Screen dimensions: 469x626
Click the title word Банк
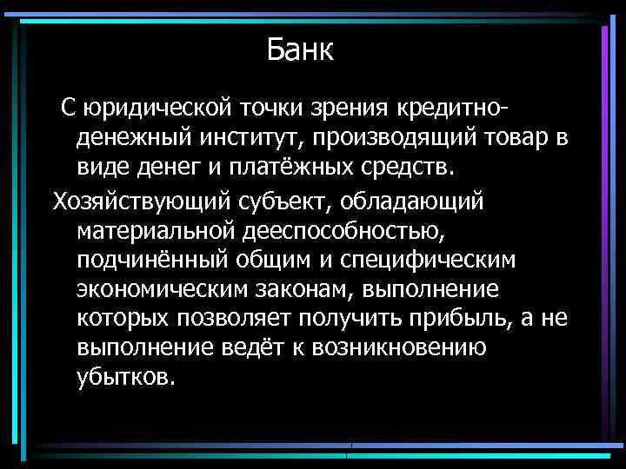300,50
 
